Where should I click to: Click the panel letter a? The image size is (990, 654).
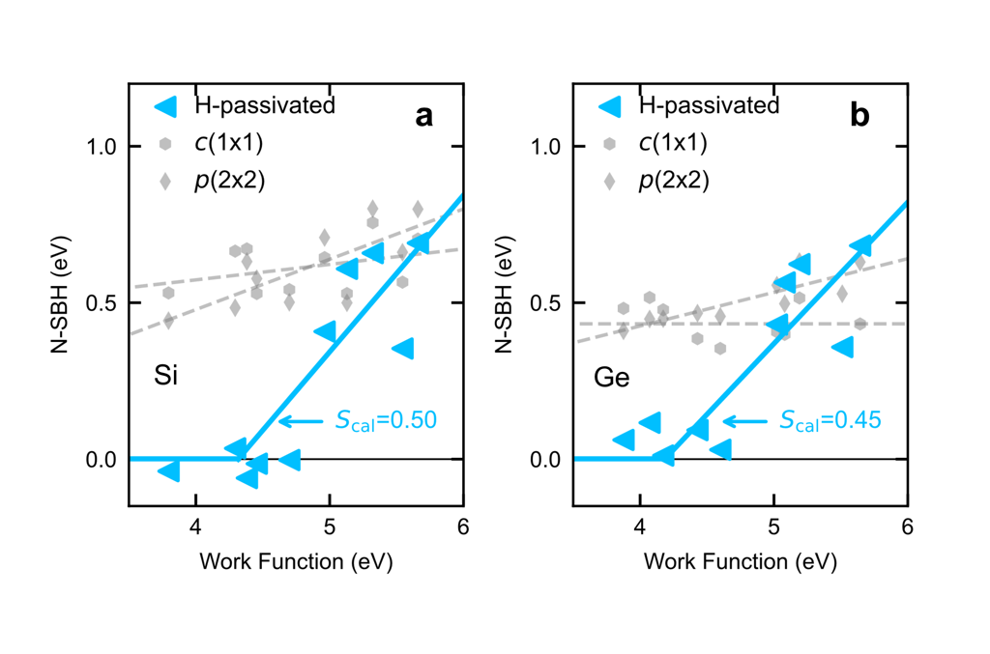point(423,117)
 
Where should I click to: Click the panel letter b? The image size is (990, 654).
point(859,117)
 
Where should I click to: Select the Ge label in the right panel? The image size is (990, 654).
point(611,376)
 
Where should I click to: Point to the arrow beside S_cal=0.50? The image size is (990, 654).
point(300,420)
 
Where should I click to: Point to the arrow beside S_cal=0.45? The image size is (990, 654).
point(743,420)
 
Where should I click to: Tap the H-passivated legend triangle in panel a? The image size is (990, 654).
point(165,105)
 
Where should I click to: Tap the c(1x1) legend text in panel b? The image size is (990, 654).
point(673,143)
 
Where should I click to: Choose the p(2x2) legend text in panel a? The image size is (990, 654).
point(230,181)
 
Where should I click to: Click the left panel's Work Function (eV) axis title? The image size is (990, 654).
point(296,561)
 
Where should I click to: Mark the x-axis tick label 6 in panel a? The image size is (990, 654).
point(463,527)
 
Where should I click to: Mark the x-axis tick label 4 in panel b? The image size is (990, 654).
point(640,527)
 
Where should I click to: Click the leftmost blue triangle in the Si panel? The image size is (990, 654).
point(168,470)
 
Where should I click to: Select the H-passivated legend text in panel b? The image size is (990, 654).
point(709,105)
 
